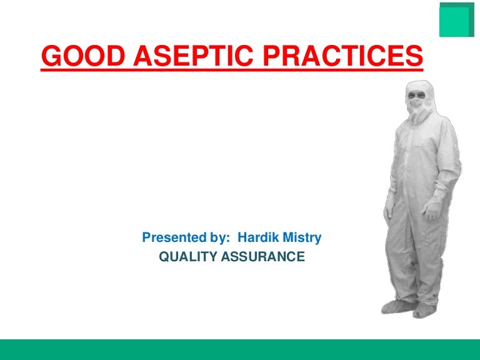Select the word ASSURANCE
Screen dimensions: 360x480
[x=262, y=256]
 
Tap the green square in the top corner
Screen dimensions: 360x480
[x=456, y=21]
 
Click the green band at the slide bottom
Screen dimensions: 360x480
[x=240, y=349]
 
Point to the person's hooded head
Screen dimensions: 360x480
[x=417, y=94]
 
